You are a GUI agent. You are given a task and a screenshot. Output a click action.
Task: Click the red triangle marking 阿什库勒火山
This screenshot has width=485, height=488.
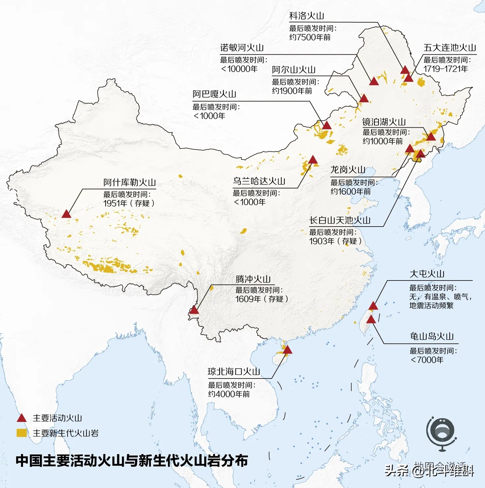[x=67, y=214]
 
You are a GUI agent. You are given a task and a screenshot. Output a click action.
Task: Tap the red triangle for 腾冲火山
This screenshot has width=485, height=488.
[x=194, y=310]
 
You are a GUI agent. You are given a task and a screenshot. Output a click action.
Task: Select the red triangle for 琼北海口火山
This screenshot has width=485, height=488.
[x=287, y=350]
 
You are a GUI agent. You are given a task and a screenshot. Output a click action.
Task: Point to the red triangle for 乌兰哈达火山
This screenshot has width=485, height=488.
[x=312, y=160]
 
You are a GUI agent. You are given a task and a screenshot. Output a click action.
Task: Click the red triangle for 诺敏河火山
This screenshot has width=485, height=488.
[x=374, y=81]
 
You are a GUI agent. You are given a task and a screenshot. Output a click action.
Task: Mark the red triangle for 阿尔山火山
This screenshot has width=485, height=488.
[x=364, y=98]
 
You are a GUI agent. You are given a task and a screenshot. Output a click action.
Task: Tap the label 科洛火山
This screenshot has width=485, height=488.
[x=307, y=16]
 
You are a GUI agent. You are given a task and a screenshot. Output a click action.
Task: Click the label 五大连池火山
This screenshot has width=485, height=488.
[x=449, y=48]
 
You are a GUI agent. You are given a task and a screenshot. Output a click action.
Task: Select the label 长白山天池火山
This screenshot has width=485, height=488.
[x=340, y=220]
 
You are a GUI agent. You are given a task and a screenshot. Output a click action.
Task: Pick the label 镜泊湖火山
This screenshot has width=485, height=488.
[x=384, y=122]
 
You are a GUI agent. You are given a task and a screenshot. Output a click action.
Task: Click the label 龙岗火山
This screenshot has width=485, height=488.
[x=348, y=170]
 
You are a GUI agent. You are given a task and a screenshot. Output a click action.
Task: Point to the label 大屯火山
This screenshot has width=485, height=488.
[x=427, y=274]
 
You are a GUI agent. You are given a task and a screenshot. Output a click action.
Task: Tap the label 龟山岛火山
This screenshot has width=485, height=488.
[x=432, y=336]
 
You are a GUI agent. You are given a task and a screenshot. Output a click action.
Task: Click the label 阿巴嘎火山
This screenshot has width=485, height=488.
[x=214, y=94]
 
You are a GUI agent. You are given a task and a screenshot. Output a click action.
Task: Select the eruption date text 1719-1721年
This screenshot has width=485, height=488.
[x=445, y=69]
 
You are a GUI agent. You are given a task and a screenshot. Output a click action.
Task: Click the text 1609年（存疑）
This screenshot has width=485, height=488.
[x=262, y=299]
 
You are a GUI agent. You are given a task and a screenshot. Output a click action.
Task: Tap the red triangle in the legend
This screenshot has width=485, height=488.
[x=22, y=418]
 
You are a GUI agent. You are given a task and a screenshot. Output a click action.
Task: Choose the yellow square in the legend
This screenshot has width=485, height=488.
[x=22, y=433]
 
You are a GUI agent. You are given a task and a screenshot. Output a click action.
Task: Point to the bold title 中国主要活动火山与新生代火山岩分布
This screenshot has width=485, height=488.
[x=132, y=461]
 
